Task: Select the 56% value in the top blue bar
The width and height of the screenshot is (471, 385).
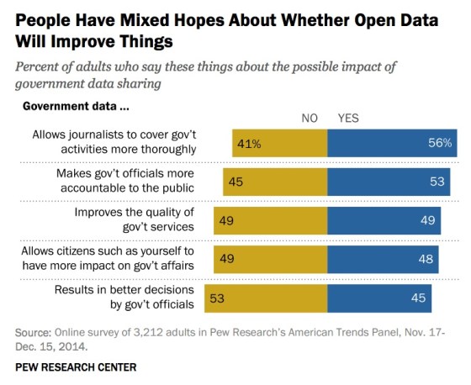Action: pyautogui.click(x=440, y=144)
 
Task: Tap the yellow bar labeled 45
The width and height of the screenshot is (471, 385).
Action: pyautogui.click(x=274, y=182)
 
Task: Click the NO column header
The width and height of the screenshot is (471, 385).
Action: pyautogui.click(x=310, y=119)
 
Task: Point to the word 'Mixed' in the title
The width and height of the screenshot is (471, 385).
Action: pyautogui.click(x=146, y=19)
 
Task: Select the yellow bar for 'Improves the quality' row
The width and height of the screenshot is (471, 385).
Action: pyautogui.click(x=270, y=221)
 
